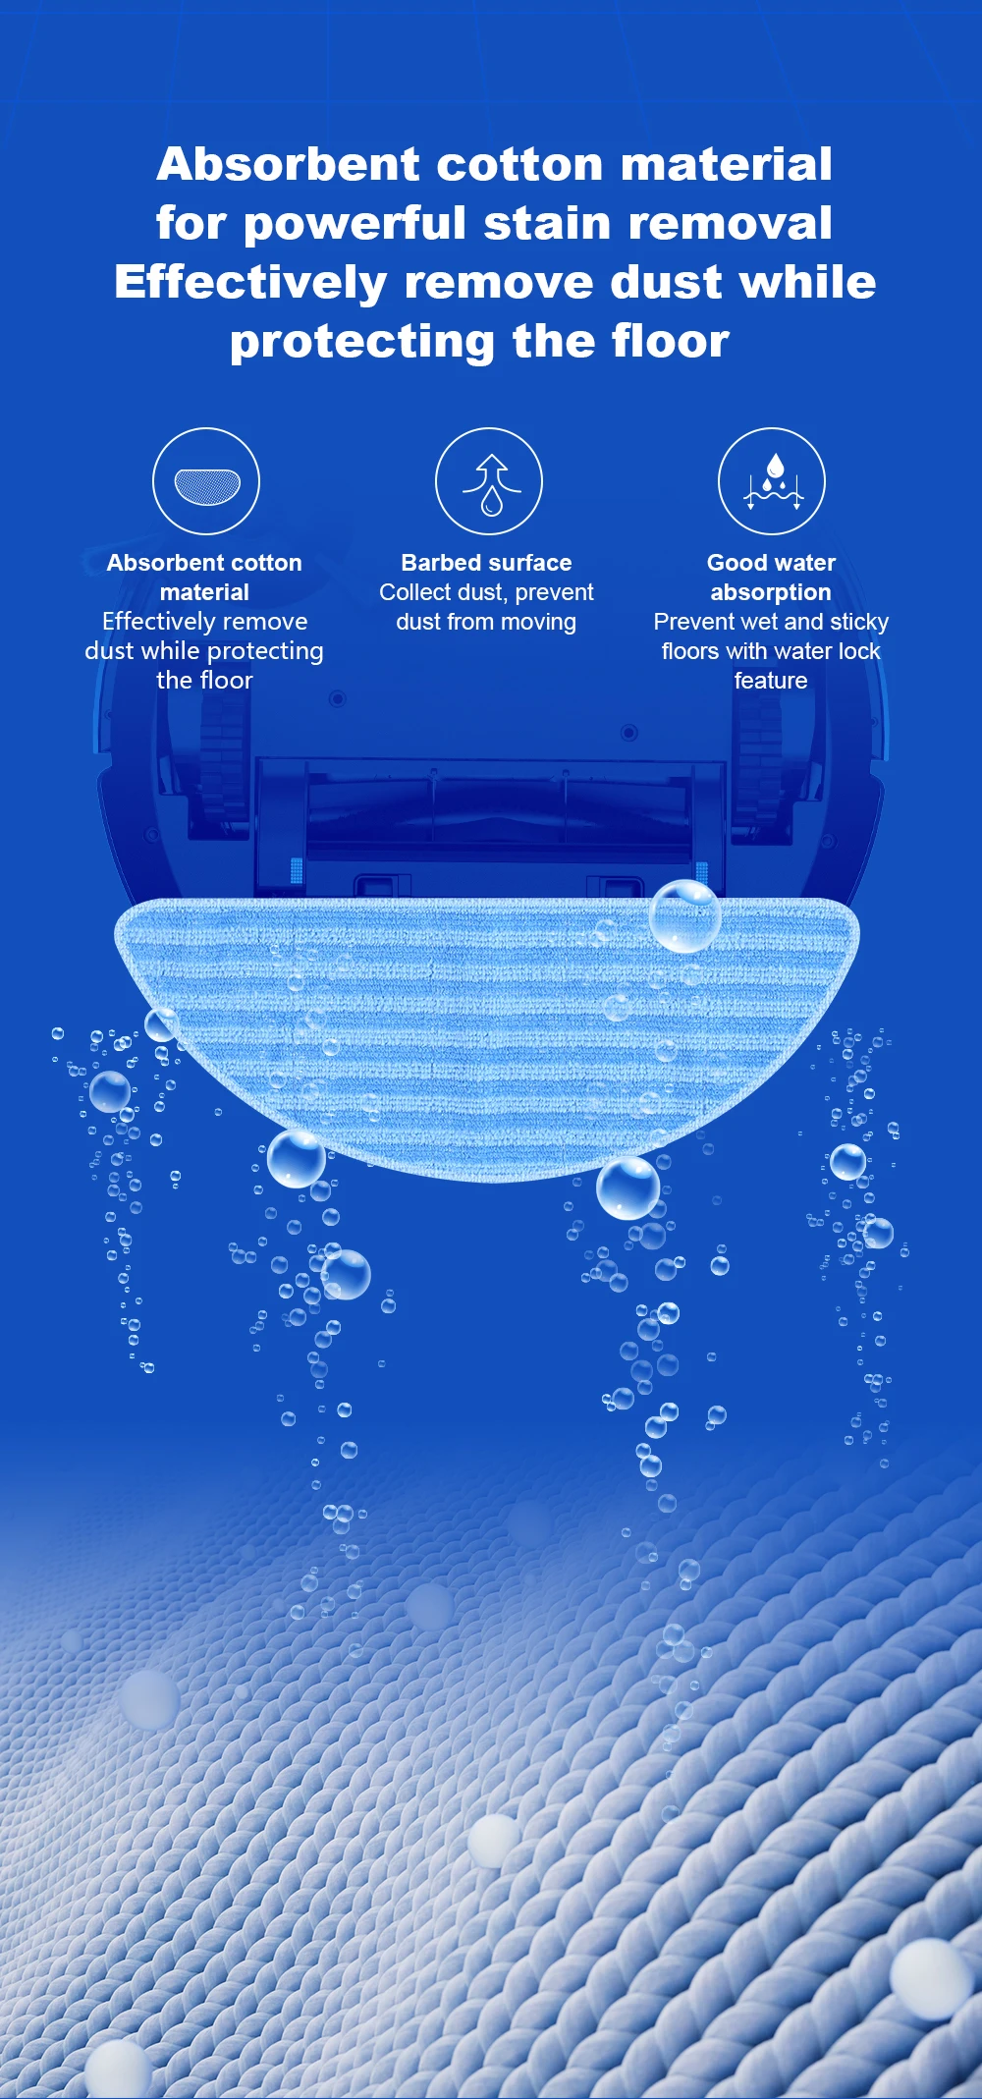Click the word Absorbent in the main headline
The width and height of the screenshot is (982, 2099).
[x=289, y=164]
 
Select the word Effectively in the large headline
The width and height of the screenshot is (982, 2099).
[x=250, y=283]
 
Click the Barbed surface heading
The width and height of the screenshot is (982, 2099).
[x=486, y=563]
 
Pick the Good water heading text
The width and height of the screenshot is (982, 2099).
[x=771, y=563]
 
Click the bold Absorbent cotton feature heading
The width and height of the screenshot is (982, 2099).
[x=204, y=563]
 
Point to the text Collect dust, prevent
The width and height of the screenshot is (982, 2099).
[x=486, y=592]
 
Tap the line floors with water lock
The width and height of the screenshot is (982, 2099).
[x=771, y=651]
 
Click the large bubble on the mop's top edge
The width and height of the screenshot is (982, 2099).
[x=684, y=915]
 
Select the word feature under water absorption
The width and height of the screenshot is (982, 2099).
[x=771, y=681]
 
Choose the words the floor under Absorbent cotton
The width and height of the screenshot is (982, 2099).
[x=204, y=681]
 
